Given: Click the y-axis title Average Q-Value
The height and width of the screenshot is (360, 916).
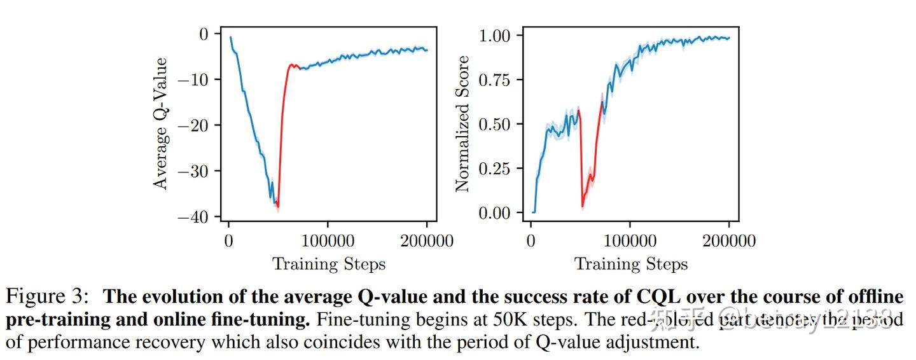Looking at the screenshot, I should coord(162,123).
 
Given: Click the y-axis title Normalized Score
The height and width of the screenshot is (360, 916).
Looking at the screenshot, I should coord(462,123).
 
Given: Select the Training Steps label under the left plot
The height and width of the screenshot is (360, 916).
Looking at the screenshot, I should coord(329,264).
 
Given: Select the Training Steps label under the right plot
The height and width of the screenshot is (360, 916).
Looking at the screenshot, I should coord(631,264).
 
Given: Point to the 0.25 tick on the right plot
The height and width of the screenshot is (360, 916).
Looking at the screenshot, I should coord(503,169).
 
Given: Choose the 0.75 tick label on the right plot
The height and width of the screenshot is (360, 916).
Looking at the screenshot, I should coord(503,80).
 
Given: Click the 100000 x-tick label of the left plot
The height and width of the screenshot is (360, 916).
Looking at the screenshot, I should coord(328,241).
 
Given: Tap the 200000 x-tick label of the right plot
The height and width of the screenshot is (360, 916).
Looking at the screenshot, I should coord(729,241).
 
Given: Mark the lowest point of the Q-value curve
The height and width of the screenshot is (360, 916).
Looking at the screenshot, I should coord(277,207).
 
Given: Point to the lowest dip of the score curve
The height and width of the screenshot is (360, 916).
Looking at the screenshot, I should coord(582,205).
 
